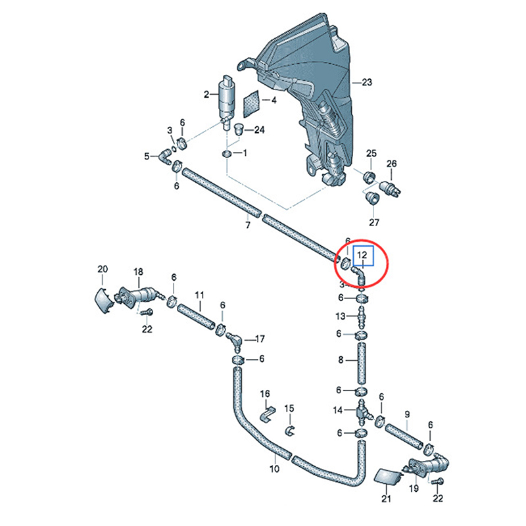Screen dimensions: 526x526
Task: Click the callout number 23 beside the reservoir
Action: (x=366, y=83)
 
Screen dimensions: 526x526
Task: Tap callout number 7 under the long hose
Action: (x=248, y=226)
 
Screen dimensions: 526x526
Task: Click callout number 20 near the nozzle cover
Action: (x=102, y=269)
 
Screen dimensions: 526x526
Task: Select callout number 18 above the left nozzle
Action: (x=138, y=272)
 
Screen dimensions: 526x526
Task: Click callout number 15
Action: (x=289, y=408)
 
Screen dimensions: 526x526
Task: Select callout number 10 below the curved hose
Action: (x=274, y=469)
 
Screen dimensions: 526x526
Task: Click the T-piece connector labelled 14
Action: (x=362, y=412)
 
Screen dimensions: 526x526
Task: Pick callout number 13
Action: (x=340, y=317)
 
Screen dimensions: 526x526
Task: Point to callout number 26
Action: (x=392, y=163)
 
